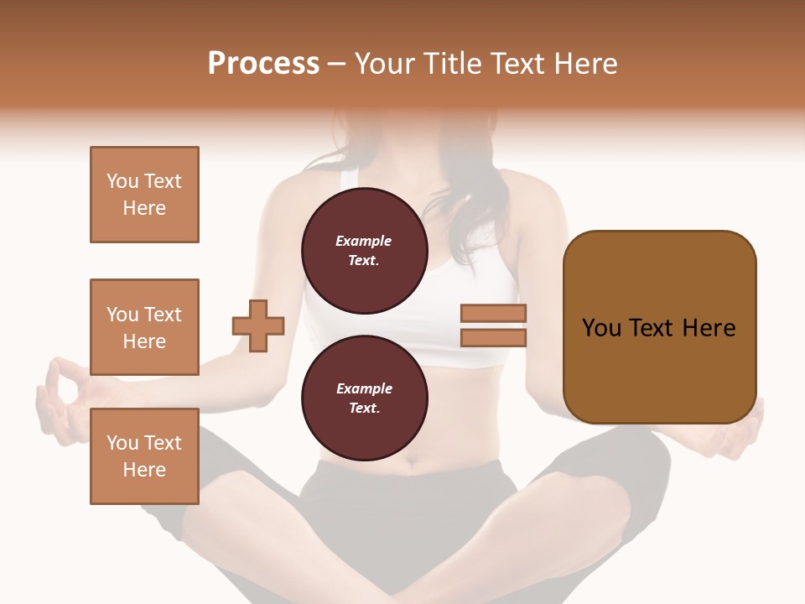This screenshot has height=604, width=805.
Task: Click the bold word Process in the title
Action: click(x=263, y=64)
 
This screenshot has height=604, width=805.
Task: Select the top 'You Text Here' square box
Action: click(x=144, y=195)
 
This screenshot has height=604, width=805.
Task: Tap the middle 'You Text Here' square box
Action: click(x=144, y=327)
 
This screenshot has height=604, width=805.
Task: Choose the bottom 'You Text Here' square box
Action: click(x=144, y=456)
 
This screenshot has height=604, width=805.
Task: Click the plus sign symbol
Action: click(x=258, y=325)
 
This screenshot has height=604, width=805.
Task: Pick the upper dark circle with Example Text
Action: click(x=364, y=251)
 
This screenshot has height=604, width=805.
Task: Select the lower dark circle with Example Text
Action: click(x=364, y=398)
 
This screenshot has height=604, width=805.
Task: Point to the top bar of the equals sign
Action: click(x=493, y=314)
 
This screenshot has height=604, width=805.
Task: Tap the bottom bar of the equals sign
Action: click(x=493, y=337)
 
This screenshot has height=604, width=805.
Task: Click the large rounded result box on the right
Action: click(x=659, y=327)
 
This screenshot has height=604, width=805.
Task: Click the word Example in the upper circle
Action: click(x=364, y=242)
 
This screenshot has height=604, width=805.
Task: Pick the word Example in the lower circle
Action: click(x=364, y=389)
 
